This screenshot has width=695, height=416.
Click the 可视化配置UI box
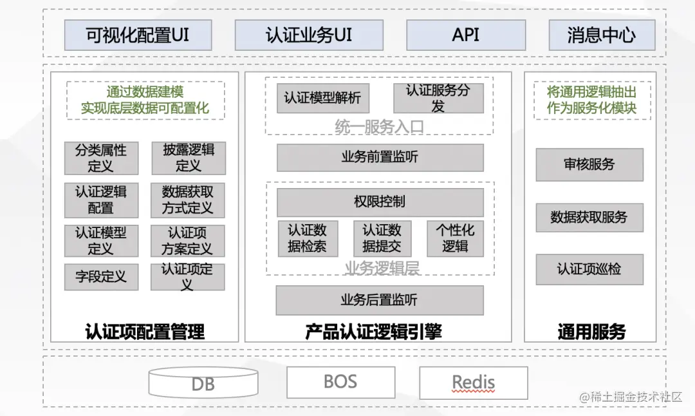138,35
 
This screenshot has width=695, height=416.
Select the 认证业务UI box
309,35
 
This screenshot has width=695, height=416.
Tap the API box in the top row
465,35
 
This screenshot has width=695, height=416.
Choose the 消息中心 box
602,35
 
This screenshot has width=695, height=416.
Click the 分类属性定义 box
101,158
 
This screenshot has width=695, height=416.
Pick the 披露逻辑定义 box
189,158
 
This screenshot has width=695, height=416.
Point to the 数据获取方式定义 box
188,200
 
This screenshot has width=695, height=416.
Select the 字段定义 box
101,277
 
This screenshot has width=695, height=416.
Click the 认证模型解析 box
322,99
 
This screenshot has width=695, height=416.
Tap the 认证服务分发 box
438,99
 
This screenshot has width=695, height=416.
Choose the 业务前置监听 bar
380,157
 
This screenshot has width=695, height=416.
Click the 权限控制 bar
380,202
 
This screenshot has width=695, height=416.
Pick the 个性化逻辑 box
455,238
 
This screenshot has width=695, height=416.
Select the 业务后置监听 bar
380,300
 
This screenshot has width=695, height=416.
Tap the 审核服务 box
589,164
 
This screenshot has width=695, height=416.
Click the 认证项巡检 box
589,269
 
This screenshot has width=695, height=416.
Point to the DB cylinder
203,384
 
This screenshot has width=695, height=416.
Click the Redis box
473,383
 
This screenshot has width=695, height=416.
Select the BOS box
340,382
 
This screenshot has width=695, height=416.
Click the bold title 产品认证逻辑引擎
373,332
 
